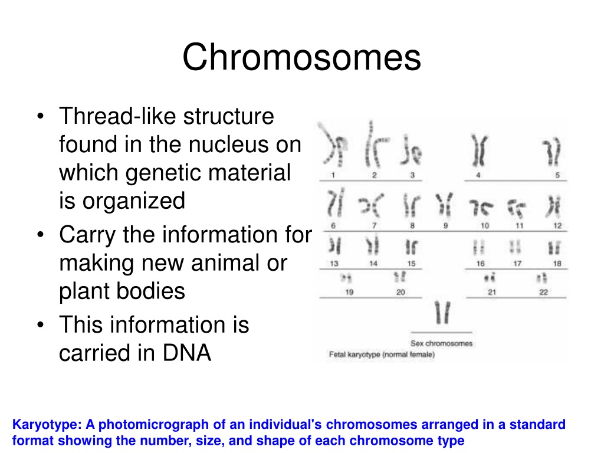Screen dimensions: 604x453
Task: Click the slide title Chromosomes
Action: [301, 57]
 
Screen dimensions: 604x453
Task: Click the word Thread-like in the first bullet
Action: [117, 116]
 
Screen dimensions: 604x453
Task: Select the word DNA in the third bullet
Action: [187, 353]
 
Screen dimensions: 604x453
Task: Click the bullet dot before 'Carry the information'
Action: [41, 235]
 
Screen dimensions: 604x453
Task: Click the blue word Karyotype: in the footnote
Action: [47, 425]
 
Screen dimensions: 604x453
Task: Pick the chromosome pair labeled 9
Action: [445, 204]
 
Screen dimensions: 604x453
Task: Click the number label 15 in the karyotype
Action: [411, 264]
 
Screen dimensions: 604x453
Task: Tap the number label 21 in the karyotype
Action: [492, 292]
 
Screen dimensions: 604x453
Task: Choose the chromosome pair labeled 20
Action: [399, 277]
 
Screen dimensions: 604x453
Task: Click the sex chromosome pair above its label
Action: [442, 313]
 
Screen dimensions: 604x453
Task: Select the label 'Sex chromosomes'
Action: [441, 343]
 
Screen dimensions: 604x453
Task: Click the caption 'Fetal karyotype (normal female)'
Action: [382, 354]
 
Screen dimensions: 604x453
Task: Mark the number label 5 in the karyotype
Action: [557, 175]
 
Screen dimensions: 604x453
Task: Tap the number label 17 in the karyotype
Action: [517, 264]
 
